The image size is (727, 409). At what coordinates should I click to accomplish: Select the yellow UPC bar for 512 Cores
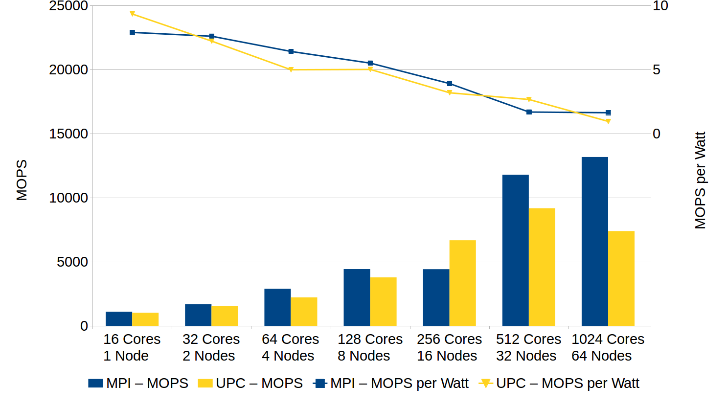[542, 267]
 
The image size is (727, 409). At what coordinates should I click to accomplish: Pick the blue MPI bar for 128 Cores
[357, 297]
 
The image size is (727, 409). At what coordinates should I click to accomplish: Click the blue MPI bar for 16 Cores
[119, 318]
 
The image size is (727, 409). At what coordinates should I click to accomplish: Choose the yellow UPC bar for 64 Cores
[304, 312]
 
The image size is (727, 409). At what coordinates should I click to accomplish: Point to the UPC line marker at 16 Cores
[132, 14]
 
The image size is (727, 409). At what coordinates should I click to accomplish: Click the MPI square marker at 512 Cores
[529, 112]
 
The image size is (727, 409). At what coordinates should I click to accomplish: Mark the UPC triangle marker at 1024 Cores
[608, 121]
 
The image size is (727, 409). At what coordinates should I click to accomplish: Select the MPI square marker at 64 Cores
[291, 51]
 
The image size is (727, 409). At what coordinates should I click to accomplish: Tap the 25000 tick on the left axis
[68, 6]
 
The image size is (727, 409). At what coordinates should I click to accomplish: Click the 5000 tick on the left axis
[72, 262]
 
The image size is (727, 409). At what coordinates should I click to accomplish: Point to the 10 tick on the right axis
[660, 6]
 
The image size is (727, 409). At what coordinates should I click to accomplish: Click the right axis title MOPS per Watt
[700, 180]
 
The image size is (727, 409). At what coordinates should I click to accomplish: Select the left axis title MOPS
[22, 180]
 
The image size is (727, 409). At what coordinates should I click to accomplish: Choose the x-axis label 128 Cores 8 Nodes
[370, 347]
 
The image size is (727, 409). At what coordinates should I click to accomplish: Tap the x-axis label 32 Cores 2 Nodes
[211, 347]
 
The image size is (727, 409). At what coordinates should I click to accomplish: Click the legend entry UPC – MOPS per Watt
[559, 383]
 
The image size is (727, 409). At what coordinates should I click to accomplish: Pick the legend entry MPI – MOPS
[138, 383]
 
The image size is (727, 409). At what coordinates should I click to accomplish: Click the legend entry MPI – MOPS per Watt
[391, 383]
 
